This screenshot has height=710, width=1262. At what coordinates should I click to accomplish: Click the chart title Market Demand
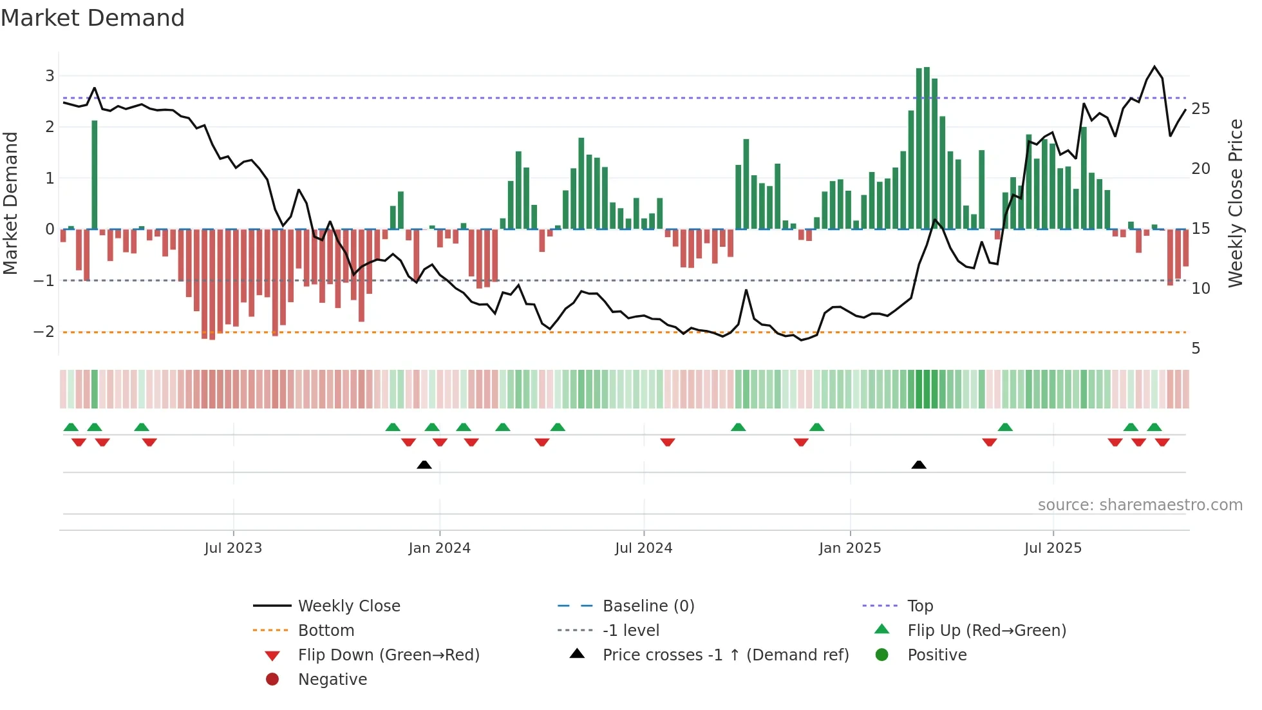click(x=93, y=18)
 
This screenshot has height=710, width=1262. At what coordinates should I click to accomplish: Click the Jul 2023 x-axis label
click(x=233, y=548)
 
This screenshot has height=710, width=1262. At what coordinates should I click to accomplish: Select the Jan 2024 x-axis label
click(x=439, y=548)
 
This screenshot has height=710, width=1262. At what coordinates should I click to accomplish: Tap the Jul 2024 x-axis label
click(x=643, y=548)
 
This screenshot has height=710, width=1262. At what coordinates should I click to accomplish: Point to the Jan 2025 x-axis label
click(x=850, y=548)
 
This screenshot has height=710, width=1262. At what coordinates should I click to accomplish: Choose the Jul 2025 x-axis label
click(x=1053, y=548)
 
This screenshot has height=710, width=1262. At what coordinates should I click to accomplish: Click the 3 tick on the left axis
click(x=50, y=76)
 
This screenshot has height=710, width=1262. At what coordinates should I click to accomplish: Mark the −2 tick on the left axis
click(x=44, y=332)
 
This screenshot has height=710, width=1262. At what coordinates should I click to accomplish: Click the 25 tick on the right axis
click(x=1200, y=109)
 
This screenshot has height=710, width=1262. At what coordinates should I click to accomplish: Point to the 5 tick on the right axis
click(x=1196, y=349)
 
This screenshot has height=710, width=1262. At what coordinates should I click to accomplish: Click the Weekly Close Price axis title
click(x=1235, y=203)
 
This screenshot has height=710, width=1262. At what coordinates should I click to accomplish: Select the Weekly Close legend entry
click(x=348, y=606)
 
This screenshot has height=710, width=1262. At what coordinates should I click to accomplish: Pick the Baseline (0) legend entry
click(x=648, y=606)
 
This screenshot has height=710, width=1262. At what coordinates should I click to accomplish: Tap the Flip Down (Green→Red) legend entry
click(x=388, y=655)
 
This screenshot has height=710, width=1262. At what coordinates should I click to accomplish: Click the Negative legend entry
click(x=332, y=680)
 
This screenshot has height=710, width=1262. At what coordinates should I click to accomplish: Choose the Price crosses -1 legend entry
click(x=725, y=655)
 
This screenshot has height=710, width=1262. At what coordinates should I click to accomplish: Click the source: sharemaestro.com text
click(x=1140, y=505)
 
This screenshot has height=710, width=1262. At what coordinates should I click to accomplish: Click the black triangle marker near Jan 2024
click(x=424, y=465)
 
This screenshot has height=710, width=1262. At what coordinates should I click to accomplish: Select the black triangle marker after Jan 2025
click(x=919, y=465)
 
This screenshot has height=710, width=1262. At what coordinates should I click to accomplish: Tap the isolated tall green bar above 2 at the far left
click(x=95, y=174)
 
